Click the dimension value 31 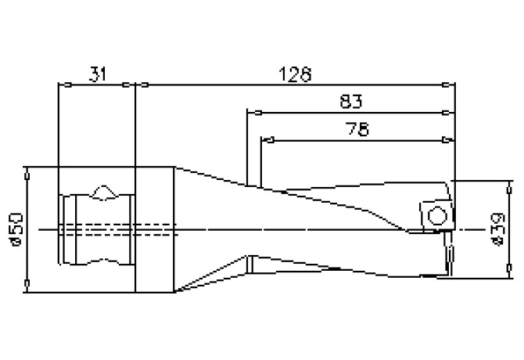coord(98,74)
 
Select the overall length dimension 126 coord(295,74)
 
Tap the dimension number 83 coord(350,101)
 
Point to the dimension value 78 coord(357,129)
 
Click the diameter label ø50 coord(16,229)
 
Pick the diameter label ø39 coord(497,229)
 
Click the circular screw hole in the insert coord(437,215)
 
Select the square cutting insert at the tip coord(436,215)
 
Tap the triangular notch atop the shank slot coord(104,193)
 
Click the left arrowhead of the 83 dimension coord(258,113)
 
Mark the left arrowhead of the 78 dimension coord(271,140)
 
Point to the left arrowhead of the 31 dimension coord(68,85)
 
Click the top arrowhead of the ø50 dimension coord(27,176)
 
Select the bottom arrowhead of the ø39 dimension coord(509,268)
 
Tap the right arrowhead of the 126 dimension coord(446,85)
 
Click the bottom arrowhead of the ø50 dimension coord(27,283)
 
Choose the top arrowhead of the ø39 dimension coord(509,190)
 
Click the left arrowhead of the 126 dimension coord(145,85)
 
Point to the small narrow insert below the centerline coord(449,253)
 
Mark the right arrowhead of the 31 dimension coord(126,85)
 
